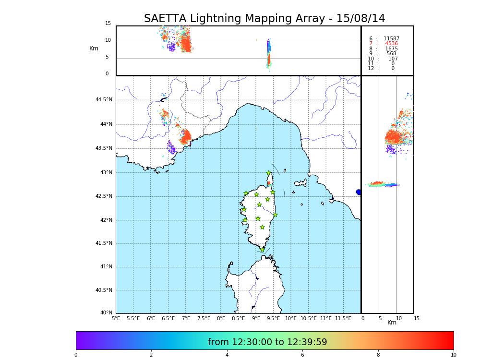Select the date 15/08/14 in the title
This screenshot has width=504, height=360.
click(x=360, y=19)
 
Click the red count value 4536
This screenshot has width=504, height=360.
click(x=391, y=44)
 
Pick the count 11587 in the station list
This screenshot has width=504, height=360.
click(x=391, y=39)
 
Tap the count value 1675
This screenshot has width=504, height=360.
click(x=391, y=49)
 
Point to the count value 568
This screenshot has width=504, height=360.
click(x=391, y=54)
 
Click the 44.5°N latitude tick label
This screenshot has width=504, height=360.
click(x=103, y=100)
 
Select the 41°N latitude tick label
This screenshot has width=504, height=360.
click(x=106, y=267)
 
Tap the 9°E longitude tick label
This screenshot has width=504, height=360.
click(x=256, y=318)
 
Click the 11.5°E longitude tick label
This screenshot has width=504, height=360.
click(x=343, y=318)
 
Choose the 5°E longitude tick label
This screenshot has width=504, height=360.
click(x=116, y=318)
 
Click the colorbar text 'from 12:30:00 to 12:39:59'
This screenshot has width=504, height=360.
click(x=267, y=342)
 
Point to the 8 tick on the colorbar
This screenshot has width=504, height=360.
click(x=378, y=355)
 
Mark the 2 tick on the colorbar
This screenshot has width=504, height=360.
click(x=151, y=355)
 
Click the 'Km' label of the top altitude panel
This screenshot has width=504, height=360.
click(x=94, y=48)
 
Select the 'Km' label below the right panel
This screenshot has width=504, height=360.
click(x=392, y=323)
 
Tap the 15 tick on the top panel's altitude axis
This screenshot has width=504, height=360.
click(x=108, y=24)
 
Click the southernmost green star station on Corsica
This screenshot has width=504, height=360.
click(x=262, y=250)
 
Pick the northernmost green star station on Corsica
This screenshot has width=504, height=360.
click(x=269, y=173)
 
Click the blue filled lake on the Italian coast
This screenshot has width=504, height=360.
click(x=359, y=192)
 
